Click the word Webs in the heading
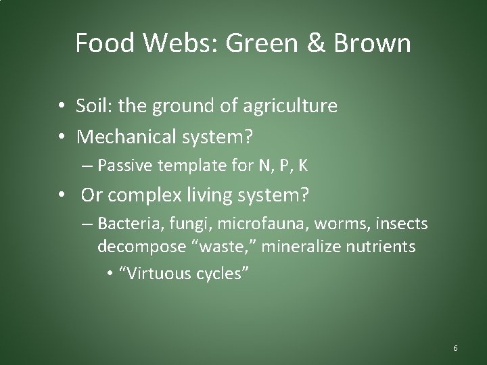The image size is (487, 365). pos(179,43)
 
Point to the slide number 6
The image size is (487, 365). pos(455,348)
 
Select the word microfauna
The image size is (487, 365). pos(234,223)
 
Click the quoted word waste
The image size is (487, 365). pos(225,247)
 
